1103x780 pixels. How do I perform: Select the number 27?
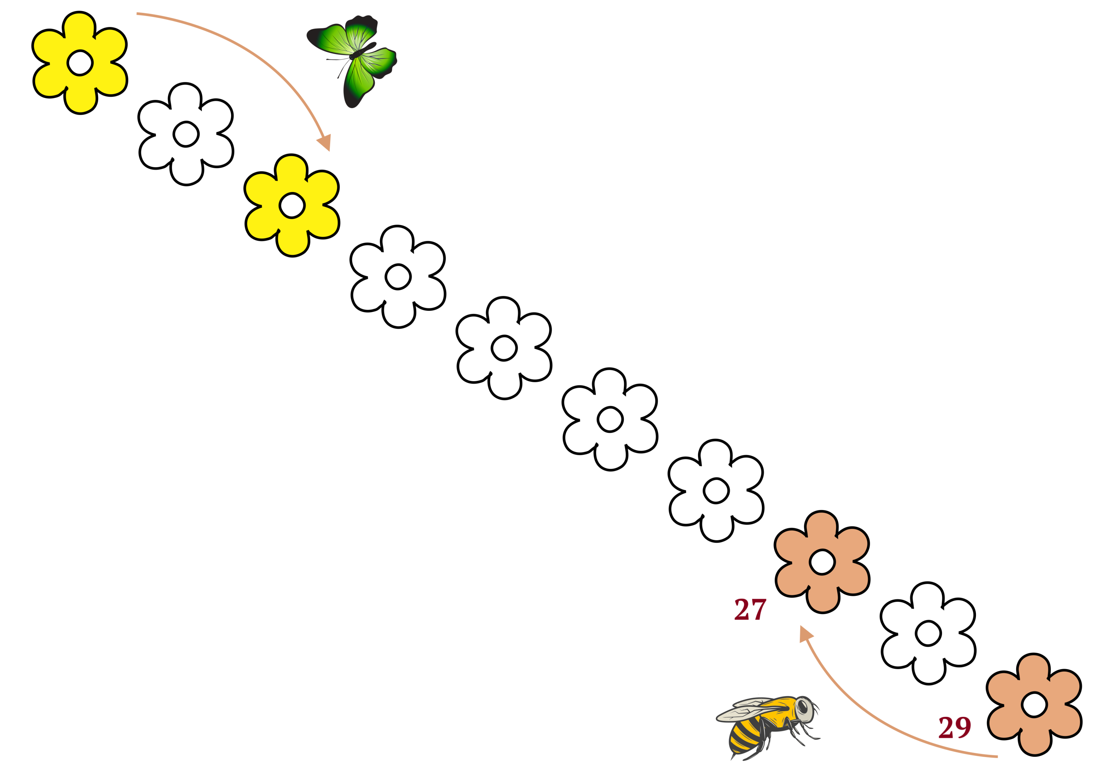[750, 610]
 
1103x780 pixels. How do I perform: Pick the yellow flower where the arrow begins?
[80, 63]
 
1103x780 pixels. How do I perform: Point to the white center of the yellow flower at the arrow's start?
[80, 63]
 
